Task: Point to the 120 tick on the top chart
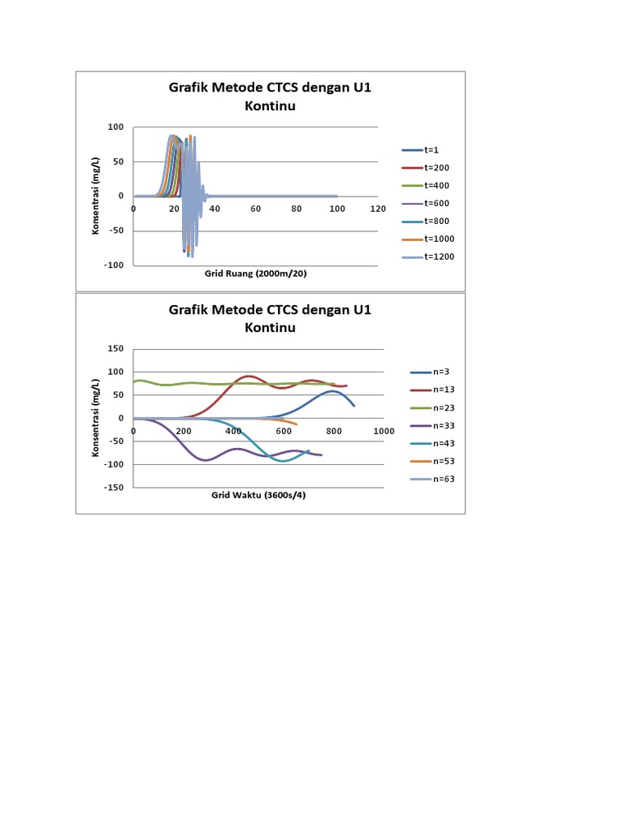tap(377, 209)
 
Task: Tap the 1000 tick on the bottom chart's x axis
tap(383, 431)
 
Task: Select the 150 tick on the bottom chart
tap(115, 349)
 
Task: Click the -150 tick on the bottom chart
tap(113, 488)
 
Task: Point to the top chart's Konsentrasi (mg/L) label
tap(95, 196)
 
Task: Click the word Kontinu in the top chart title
tap(270, 106)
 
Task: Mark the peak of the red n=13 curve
tap(249, 376)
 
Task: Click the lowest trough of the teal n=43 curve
tap(284, 461)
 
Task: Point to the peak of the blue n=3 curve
tap(331, 391)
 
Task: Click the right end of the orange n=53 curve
tap(297, 424)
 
